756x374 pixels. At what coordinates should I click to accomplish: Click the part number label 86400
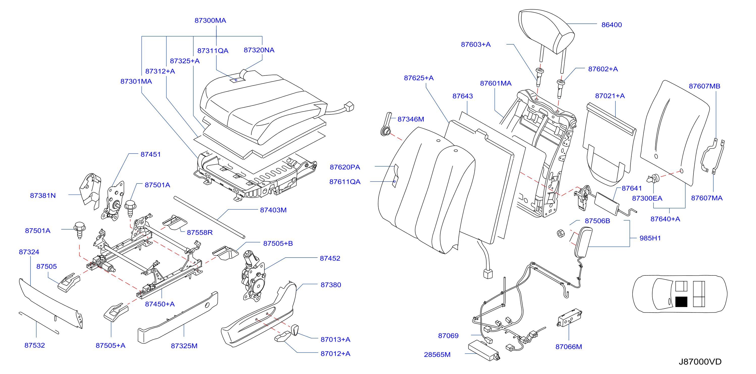pyautogui.click(x=612, y=25)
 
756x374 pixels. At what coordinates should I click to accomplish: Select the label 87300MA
pyautogui.click(x=210, y=20)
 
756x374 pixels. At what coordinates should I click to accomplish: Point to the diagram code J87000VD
pyautogui.click(x=700, y=361)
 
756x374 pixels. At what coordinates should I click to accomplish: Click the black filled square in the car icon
pyautogui.click(x=681, y=302)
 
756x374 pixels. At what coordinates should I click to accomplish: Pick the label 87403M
pyautogui.click(x=273, y=210)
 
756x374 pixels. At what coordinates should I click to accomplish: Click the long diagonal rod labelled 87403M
pyautogui.click(x=209, y=217)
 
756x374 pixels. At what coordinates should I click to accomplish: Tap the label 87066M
pyautogui.click(x=569, y=347)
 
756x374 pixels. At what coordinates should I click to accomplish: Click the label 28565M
pyautogui.click(x=437, y=355)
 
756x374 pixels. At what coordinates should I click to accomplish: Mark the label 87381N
pyautogui.click(x=43, y=196)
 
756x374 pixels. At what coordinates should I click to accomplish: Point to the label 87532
pyautogui.click(x=35, y=345)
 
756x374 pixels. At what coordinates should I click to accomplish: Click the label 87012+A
pyautogui.click(x=335, y=354)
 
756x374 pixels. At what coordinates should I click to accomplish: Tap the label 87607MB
pyautogui.click(x=704, y=86)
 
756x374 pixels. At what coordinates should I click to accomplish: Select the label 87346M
pyautogui.click(x=411, y=119)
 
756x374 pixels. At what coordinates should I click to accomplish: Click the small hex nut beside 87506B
pyautogui.click(x=560, y=233)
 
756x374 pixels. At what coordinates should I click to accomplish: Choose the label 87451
pyautogui.click(x=151, y=154)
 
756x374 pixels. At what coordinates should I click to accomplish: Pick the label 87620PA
pyautogui.click(x=345, y=167)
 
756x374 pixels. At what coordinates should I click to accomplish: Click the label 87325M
pyautogui.click(x=184, y=346)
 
